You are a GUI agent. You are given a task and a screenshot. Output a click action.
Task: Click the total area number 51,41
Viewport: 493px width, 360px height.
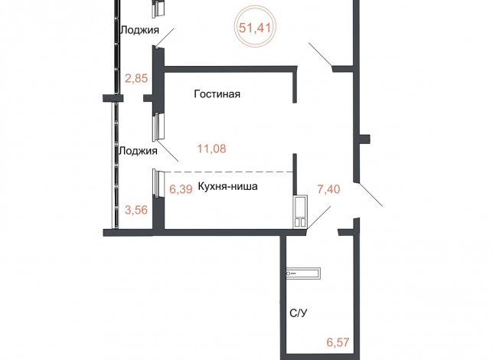(x=255, y=28)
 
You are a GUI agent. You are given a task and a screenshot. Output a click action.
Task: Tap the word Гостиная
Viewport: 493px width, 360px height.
(x=217, y=94)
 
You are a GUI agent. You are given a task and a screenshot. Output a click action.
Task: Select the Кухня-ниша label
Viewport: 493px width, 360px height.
(x=227, y=186)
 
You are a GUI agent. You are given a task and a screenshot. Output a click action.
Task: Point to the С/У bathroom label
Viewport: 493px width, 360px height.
(x=299, y=313)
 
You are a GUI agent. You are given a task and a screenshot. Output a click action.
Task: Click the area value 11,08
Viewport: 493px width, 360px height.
(x=211, y=149)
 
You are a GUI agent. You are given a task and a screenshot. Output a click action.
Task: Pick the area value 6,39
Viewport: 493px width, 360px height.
(x=181, y=189)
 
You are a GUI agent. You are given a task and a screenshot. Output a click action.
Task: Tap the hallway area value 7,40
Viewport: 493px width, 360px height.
(x=329, y=189)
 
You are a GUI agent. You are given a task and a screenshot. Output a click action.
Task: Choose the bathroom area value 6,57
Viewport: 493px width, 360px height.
(x=338, y=342)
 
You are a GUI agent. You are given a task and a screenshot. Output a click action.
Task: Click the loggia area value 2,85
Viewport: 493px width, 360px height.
(x=136, y=78)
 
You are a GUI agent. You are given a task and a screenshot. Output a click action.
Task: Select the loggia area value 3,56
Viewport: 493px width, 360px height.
(x=136, y=210)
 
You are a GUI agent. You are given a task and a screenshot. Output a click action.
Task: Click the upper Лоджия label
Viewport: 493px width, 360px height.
(x=140, y=30)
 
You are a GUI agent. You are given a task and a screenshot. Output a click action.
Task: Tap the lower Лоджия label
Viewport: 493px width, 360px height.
(x=138, y=151)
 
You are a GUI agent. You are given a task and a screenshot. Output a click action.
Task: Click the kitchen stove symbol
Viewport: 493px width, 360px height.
(x=301, y=211)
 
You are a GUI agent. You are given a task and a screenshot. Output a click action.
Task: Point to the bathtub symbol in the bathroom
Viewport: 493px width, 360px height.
(x=303, y=273)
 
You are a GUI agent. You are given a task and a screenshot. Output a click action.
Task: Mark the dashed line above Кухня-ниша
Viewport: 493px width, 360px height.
(x=229, y=172)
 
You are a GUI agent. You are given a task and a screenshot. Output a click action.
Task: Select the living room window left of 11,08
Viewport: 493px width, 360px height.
(x=158, y=126)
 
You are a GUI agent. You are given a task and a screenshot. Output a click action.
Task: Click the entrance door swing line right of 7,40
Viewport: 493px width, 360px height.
(x=371, y=194)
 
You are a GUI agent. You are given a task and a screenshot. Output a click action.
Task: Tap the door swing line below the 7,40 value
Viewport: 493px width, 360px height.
(x=319, y=218)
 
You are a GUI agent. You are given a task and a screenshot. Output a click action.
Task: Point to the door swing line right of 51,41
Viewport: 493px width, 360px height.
(x=320, y=54)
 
